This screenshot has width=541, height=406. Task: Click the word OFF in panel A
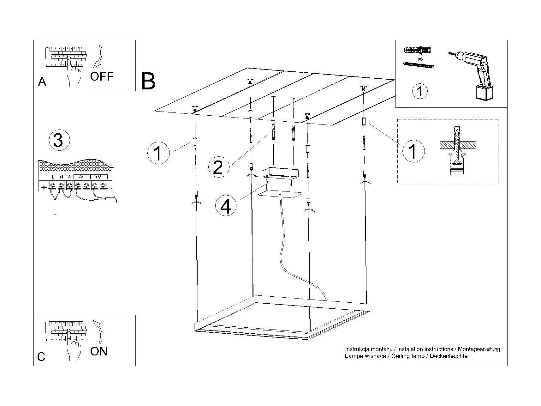[x=101, y=76]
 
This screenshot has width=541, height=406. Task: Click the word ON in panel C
[x=98, y=351]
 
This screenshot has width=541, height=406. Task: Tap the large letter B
[x=148, y=81]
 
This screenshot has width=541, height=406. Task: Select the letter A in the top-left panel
[x=42, y=82]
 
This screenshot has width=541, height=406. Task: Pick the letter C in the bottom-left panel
[x=41, y=357]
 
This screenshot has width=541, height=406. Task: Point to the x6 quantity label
[x=420, y=59]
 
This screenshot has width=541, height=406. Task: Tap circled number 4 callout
[x=226, y=207]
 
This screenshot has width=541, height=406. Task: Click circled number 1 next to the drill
[x=420, y=91]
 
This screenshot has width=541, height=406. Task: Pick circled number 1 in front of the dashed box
[x=413, y=151]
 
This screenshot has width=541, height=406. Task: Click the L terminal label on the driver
[x=53, y=177]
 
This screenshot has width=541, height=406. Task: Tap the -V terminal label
[x=81, y=177]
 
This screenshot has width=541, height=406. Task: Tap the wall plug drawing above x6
[x=417, y=50]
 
